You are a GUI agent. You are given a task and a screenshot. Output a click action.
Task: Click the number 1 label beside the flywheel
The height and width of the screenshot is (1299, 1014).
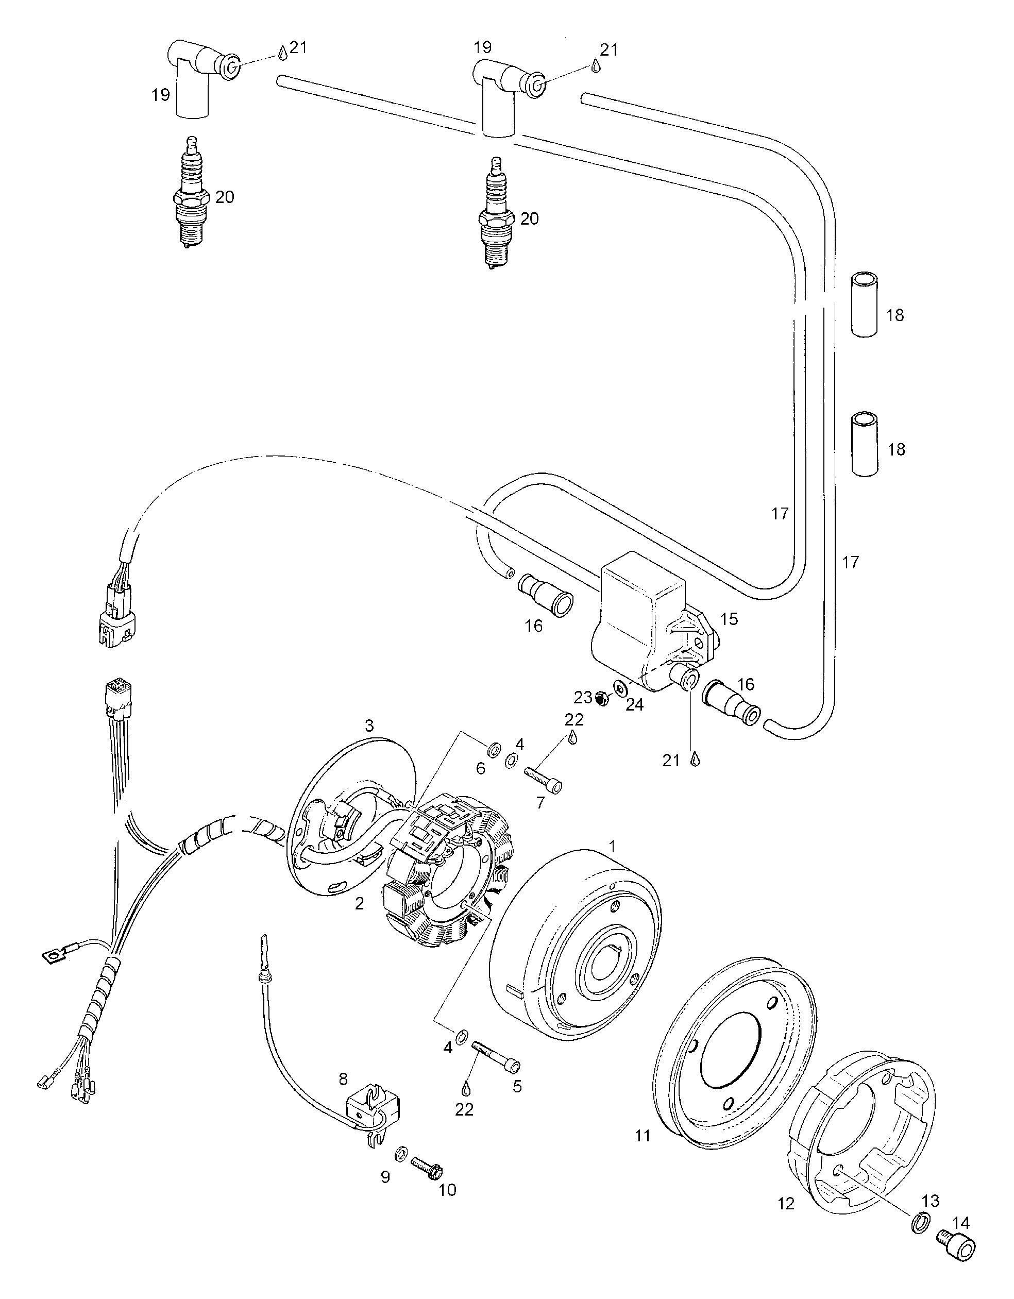pos(613,845)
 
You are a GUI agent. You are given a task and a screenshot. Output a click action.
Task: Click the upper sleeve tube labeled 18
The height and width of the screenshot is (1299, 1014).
pos(863,305)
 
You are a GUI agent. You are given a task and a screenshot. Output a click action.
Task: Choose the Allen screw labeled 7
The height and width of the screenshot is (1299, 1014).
pos(543,779)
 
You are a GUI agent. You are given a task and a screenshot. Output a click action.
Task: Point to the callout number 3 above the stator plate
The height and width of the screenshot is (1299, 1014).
pos(369,726)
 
